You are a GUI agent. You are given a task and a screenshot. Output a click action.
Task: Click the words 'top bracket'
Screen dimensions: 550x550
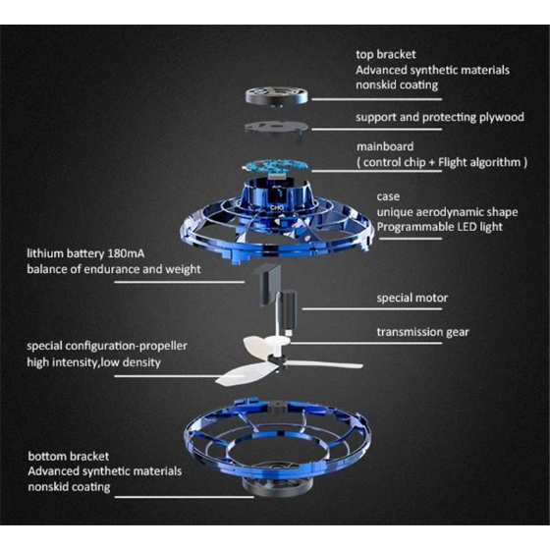click(x=385, y=54)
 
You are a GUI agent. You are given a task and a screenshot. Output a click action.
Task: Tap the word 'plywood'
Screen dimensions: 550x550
click(x=502, y=118)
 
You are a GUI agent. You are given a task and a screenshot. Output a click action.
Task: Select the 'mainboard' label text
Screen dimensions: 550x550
click(x=385, y=146)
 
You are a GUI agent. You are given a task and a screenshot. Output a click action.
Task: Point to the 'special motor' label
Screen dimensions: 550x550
click(x=412, y=299)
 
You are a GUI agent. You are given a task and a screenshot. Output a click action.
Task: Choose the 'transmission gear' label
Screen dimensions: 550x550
click(x=422, y=332)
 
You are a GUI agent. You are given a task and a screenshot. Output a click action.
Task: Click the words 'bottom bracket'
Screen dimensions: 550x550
click(x=69, y=457)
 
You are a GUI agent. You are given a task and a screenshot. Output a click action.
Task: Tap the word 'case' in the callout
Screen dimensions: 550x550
click(x=388, y=196)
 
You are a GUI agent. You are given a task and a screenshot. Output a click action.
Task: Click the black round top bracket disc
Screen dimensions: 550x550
click(x=277, y=95)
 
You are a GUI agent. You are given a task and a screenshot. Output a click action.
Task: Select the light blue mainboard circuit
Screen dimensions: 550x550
click(x=276, y=166)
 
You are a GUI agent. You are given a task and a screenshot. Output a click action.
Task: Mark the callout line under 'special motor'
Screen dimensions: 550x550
click(x=372, y=309)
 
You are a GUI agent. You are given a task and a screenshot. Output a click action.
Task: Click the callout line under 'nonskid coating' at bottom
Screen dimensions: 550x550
click(x=185, y=497)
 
